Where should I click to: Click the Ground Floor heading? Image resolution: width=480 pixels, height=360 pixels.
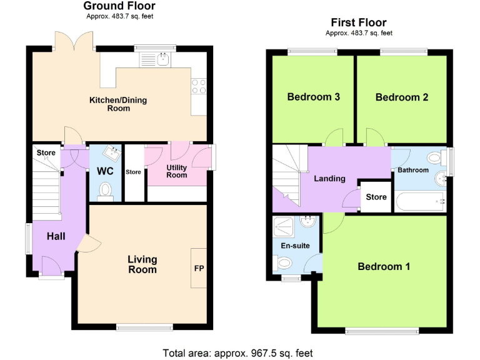pyautogui.click(x=119, y=6)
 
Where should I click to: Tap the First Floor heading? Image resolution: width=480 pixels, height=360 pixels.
pyautogui.click(x=359, y=23)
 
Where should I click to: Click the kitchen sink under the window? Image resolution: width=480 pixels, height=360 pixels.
pyautogui.click(x=163, y=59)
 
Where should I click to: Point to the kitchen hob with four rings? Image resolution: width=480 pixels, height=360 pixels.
pyautogui.click(x=199, y=86)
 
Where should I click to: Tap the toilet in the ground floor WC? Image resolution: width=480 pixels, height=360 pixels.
pyautogui.click(x=106, y=189)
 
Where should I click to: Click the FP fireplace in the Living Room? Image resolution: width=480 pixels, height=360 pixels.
pyautogui.click(x=199, y=268)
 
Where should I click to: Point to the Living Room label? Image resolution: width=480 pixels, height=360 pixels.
pyautogui.click(x=142, y=264)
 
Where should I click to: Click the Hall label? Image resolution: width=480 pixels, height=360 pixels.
pyautogui.click(x=56, y=236)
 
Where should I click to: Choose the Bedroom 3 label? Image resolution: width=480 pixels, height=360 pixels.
pyautogui.click(x=313, y=97)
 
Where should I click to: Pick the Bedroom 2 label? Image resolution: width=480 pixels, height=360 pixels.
pyautogui.click(x=401, y=97)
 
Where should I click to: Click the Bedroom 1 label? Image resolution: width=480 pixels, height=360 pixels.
pyautogui.click(x=384, y=267)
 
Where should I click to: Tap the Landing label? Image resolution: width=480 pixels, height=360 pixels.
pyautogui.click(x=329, y=179)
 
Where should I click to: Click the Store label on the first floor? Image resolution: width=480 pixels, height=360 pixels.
pyautogui.click(x=376, y=197)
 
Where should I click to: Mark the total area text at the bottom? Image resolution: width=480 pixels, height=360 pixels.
pyautogui.click(x=238, y=352)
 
